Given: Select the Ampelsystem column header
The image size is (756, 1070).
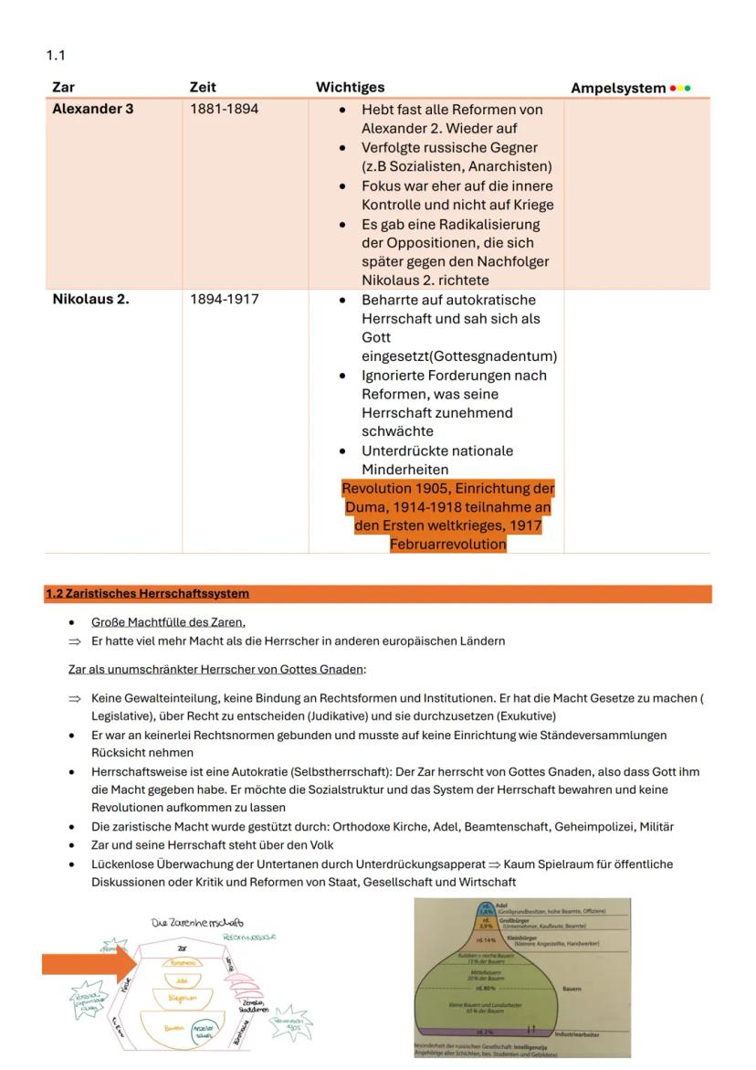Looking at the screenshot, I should (x=618, y=88).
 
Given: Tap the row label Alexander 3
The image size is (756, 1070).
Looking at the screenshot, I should (x=90, y=110).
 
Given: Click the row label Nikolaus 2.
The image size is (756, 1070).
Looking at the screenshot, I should (x=90, y=300).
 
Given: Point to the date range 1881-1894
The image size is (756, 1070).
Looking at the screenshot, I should (x=224, y=110).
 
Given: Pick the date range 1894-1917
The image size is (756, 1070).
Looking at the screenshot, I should (x=224, y=300).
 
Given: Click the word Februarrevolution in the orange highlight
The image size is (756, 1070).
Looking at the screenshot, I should (x=447, y=544).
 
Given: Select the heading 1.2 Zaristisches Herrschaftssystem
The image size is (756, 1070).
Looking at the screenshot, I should (x=147, y=594).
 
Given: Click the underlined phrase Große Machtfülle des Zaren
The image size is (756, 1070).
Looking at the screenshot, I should (x=168, y=622).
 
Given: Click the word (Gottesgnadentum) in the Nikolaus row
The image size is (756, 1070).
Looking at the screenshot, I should (x=459, y=356).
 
